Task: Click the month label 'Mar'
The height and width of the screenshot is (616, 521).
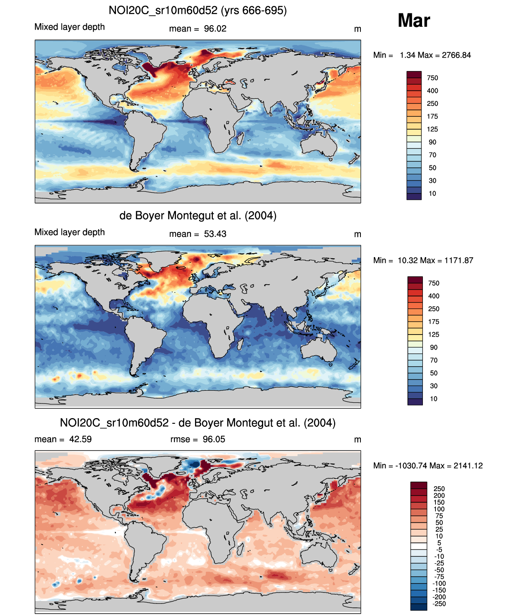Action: click(414, 21)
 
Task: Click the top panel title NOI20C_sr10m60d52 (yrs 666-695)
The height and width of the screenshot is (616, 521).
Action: click(197, 10)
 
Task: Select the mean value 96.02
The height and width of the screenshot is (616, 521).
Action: click(215, 29)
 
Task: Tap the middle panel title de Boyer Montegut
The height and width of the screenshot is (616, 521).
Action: click(197, 215)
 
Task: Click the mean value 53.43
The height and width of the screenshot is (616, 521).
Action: click(215, 234)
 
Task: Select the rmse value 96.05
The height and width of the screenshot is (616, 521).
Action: click(214, 439)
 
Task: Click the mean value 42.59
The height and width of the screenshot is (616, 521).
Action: click(80, 439)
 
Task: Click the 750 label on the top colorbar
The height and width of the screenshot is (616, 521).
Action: click(432, 78)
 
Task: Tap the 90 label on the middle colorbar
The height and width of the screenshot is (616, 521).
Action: click(433, 348)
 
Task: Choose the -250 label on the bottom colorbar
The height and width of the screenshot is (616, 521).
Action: click(439, 604)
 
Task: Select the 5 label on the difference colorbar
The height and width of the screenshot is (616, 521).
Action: click(439, 543)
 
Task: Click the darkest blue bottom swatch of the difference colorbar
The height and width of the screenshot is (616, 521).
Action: click(418, 607)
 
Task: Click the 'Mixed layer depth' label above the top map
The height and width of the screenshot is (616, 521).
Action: click(69, 27)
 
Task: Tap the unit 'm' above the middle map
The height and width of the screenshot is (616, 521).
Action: click(357, 234)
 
